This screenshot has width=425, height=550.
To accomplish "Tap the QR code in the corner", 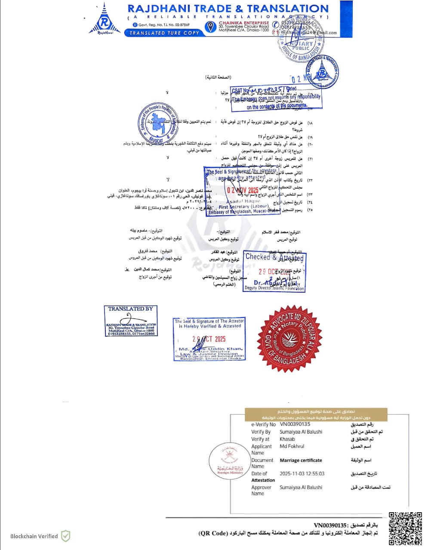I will click(405, 528).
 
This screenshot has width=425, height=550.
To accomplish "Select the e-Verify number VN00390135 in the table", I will click(295, 424).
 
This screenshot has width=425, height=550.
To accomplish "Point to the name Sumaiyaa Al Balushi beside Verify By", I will click(301, 432).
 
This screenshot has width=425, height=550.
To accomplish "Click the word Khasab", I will click(287, 439).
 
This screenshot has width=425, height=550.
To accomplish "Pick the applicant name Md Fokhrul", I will click(292, 446).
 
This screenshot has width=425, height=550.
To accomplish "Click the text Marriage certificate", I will click(301, 460).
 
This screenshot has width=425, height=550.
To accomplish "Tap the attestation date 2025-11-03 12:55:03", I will click(302, 474).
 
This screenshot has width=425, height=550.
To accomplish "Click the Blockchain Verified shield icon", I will click(65, 536).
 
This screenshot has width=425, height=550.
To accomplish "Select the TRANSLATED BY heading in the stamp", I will click(130, 309).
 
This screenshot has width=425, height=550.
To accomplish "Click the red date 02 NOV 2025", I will click(243, 190).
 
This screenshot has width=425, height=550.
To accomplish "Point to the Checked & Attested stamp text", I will click(274, 257).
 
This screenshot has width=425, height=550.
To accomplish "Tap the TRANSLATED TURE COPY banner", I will click(164, 33).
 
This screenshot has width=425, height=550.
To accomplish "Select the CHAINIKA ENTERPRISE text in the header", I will click(243, 23).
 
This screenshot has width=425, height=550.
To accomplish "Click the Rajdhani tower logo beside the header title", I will click(103, 20).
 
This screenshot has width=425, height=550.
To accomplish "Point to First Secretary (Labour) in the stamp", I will click(243, 207).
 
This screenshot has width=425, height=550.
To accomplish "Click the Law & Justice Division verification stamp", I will click(209, 339).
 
